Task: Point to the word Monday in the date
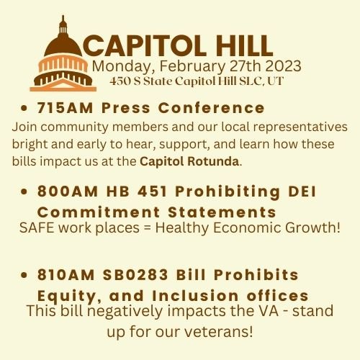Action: pos(120,66)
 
